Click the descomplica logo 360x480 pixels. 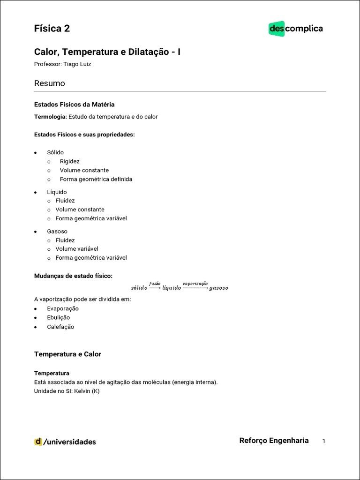pos(296,29)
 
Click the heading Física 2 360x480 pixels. pos(52,29)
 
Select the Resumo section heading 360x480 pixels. pos(50,83)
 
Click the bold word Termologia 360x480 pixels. pos(51,117)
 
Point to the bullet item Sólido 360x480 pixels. pos(55,152)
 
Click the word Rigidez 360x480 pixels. pos(70,161)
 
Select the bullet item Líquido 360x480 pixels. pos(57,192)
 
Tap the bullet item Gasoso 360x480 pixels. pos(57,232)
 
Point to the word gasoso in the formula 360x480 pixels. pos(219,288)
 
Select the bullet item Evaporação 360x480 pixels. pos(63,309)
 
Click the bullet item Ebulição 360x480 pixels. pos(59,318)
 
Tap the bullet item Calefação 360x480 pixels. pos(60,327)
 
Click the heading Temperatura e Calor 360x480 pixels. pos(67,354)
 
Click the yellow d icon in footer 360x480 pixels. pos(38,442)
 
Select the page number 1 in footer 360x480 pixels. pos(323,441)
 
